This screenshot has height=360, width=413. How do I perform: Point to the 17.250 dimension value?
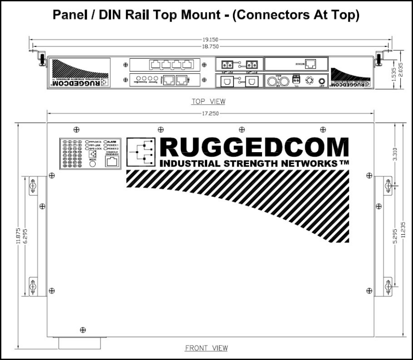tap(212, 113)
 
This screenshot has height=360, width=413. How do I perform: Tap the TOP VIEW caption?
tap(208, 102)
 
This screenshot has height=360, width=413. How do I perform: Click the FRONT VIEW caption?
tap(206, 348)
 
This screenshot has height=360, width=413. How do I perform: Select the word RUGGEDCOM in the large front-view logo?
tap(255, 148)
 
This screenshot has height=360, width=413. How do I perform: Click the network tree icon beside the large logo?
tap(141, 152)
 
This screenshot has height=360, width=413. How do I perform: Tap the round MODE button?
tap(93, 164)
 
